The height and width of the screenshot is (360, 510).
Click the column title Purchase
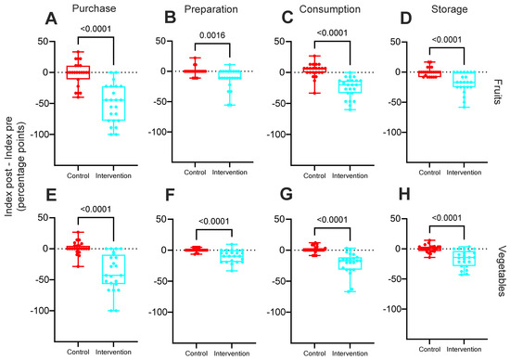94,8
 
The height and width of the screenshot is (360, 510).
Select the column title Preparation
211,9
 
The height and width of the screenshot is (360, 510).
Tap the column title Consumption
330,9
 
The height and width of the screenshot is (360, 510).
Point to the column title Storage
450,9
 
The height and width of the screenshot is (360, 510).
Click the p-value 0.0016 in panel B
212,35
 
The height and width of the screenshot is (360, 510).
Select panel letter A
51,19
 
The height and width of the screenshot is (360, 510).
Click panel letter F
170,196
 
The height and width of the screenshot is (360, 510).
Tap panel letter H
404,194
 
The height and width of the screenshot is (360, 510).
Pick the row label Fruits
497,92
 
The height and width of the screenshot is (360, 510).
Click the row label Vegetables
502,271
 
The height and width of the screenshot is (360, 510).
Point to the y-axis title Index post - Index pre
9,166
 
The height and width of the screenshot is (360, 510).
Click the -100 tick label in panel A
41,135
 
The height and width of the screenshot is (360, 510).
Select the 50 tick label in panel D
395,42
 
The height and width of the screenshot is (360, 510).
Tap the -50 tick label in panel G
280,281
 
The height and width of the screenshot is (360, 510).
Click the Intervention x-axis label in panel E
113,352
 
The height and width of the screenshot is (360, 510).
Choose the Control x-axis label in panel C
314,175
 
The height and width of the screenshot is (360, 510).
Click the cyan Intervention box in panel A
113,103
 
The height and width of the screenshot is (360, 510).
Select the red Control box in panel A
78,72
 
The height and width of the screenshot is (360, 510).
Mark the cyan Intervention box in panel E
113,269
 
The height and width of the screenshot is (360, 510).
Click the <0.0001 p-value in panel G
332,220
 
